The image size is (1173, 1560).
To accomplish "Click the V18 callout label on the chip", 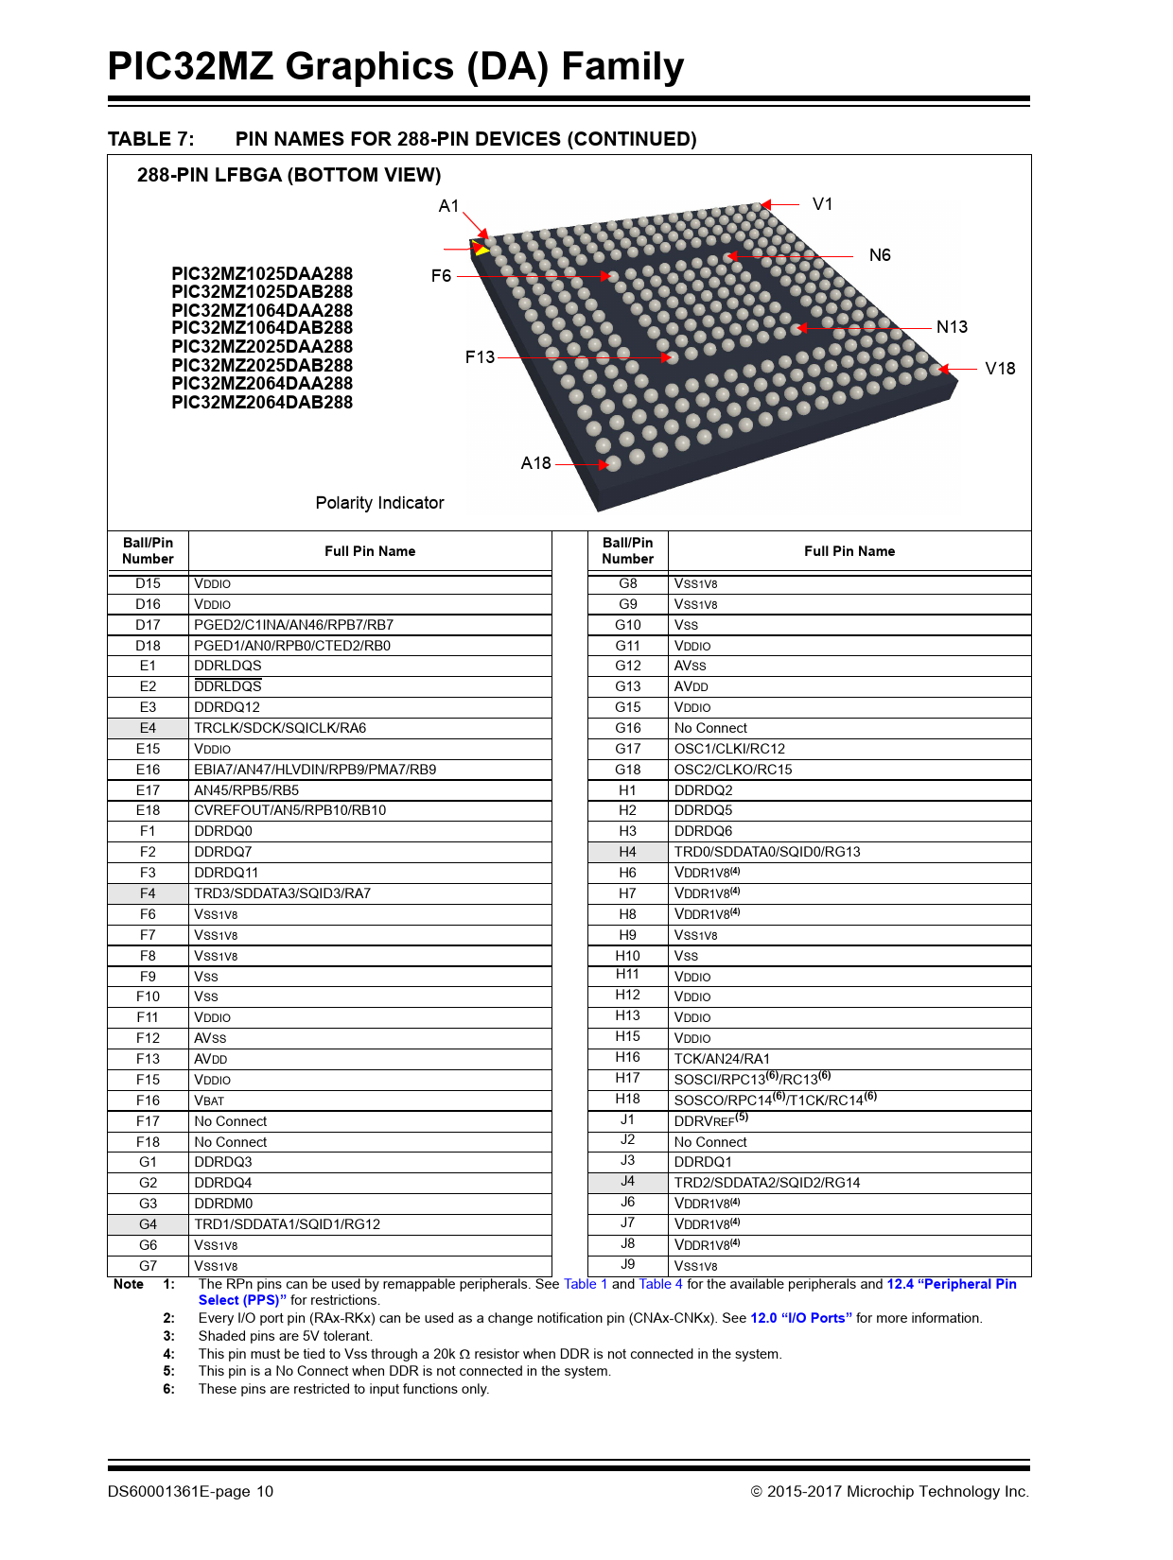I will click(1000, 369).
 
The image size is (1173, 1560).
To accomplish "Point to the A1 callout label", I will click(448, 206).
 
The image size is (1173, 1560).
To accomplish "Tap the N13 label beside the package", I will click(952, 327).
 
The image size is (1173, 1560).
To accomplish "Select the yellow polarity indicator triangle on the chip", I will click(481, 250).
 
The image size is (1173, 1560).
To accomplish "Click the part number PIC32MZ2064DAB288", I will click(262, 403).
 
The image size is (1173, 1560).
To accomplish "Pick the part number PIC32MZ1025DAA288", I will click(262, 274).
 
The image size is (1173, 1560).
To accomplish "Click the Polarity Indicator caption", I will click(379, 503).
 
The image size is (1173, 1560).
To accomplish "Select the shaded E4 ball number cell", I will click(148, 728).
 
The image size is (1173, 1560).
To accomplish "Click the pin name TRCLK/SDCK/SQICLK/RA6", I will click(280, 728).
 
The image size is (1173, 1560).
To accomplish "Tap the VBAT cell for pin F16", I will click(209, 1101).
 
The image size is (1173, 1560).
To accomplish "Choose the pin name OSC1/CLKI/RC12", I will click(729, 749).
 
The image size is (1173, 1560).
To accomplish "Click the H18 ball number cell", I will click(627, 1099).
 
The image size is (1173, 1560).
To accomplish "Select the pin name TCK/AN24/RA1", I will click(722, 1059).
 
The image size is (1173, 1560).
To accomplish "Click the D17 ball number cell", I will click(148, 625).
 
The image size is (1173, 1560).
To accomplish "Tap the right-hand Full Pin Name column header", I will click(849, 551).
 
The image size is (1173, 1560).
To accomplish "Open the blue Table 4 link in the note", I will click(660, 1284).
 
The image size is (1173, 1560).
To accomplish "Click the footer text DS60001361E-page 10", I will click(190, 1491).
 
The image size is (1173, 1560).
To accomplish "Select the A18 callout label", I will click(535, 463).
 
